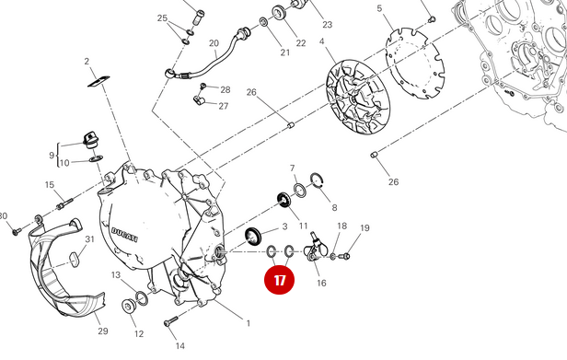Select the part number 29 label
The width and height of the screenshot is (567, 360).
click(x=101, y=331)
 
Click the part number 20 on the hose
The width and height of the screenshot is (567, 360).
click(x=214, y=43)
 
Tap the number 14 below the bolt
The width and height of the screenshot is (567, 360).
click(x=180, y=345)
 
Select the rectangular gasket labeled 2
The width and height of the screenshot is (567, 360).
click(x=98, y=82)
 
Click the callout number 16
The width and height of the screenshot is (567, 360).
click(x=321, y=283)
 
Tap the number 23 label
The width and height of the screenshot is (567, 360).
click(x=327, y=25)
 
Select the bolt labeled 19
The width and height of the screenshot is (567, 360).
click(x=346, y=257)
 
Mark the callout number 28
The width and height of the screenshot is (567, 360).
click(x=225, y=89)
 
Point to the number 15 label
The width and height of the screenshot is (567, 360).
click(x=50, y=185)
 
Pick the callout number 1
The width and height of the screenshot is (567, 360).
click(x=247, y=323)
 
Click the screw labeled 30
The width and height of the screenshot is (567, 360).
click(x=17, y=231)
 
